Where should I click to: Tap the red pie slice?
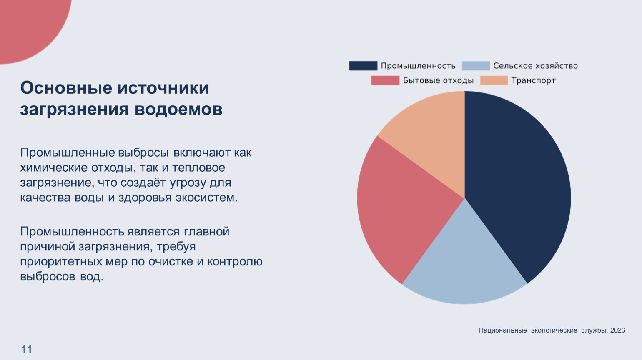(400, 208)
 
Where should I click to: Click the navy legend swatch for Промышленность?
(363, 66)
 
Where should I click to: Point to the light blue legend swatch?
(476, 66)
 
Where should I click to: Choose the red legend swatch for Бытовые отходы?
(385, 80)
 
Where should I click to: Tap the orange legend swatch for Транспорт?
(494, 80)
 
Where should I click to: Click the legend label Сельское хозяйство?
(535, 66)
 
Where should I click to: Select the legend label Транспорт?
(533, 80)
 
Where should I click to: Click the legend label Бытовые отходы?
(438, 80)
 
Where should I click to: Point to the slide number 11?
(27, 349)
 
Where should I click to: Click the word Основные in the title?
(66, 88)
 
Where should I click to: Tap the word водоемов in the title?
(178, 110)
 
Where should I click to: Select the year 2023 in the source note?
(618, 330)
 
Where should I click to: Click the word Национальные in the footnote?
(503, 330)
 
